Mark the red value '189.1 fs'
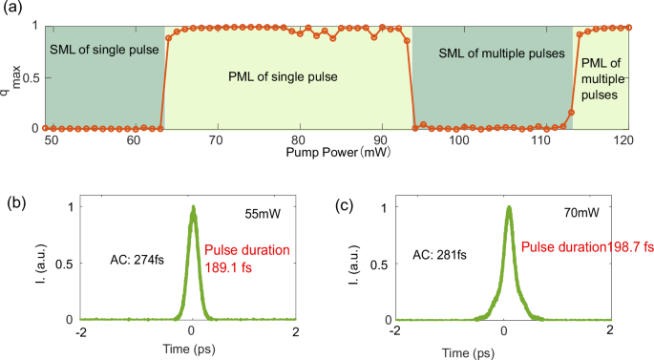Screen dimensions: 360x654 230,270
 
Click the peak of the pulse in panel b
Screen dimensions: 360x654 193,207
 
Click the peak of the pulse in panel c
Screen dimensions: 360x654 509,207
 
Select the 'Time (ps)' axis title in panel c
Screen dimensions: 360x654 506,351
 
